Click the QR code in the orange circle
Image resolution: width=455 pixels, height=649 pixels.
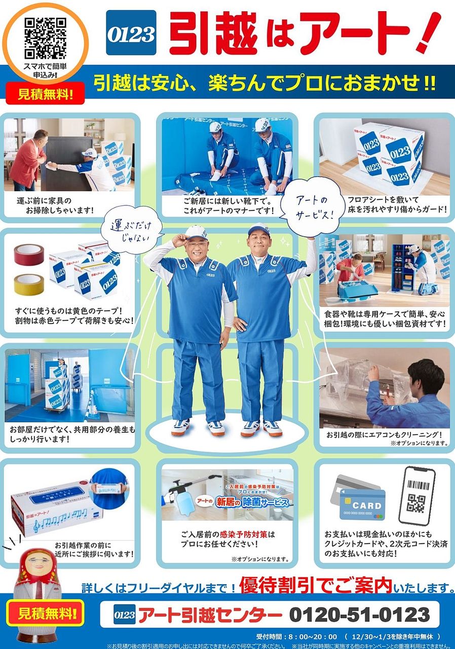(46, 38)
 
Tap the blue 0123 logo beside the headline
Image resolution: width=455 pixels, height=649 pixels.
(131, 33)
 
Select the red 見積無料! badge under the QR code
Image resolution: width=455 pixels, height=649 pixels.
(45, 93)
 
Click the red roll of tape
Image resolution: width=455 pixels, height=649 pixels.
(29, 255)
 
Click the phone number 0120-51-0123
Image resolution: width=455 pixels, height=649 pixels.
(359, 615)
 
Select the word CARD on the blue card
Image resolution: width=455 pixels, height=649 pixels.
(366, 506)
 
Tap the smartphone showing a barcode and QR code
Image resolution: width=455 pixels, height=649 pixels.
(416, 496)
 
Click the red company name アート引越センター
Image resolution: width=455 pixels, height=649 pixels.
(210, 616)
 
